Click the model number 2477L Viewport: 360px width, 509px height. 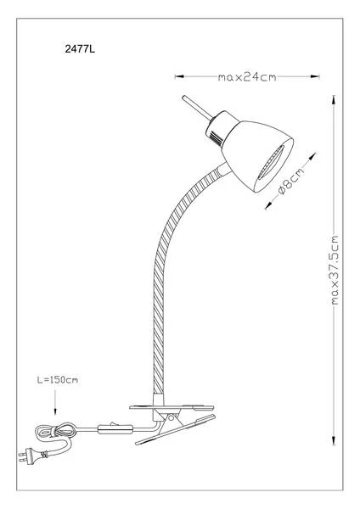click(80, 49)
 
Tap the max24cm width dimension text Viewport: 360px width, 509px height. click(247, 77)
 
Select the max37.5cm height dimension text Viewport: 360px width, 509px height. click(335, 270)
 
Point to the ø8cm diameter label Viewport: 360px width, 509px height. click(291, 182)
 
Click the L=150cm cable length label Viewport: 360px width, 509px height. click(58, 380)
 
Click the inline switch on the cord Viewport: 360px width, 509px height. click(115, 429)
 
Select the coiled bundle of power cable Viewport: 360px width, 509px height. click(55, 432)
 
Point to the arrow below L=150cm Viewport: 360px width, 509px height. click(55, 402)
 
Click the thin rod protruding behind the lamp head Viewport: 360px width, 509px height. click(197, 108)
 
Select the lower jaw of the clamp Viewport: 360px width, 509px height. click(176, 429)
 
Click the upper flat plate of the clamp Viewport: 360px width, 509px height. click(172, 407)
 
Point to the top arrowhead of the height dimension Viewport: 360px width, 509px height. click(334, 99)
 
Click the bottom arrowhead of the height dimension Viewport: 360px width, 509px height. click(334, 440)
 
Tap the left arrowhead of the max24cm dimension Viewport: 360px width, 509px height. click(179, 76)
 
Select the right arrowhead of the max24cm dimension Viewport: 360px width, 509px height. click(315, 76)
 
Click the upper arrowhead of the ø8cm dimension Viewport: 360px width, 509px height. click(312, 156)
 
